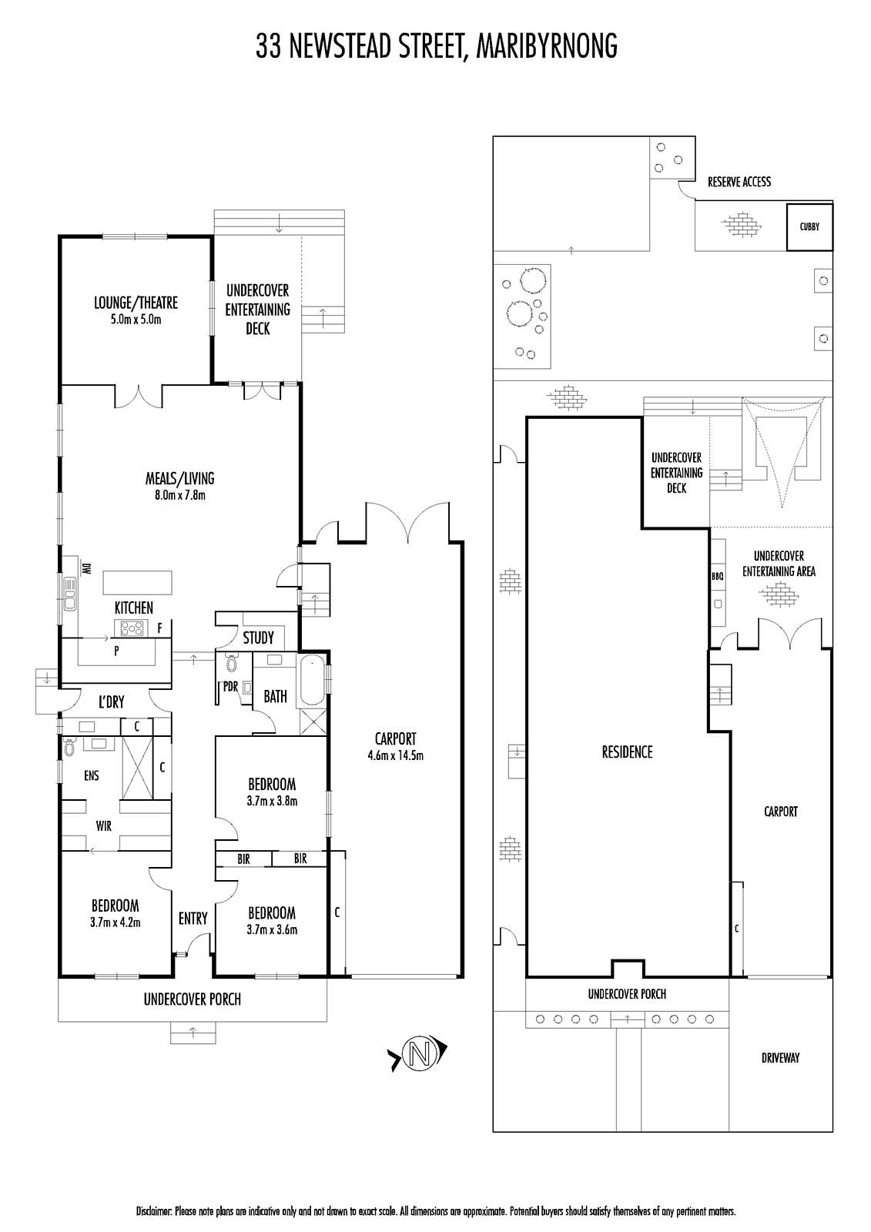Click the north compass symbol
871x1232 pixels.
[419, 1054]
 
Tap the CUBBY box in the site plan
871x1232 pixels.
[809, 227]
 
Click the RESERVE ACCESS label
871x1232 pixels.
[739, 182]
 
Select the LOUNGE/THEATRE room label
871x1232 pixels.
[136, 303]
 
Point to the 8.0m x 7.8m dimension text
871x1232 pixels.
[180, 495]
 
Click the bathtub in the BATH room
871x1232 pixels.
[311, 680]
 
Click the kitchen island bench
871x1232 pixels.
[137, 582]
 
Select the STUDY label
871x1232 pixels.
[258, 638]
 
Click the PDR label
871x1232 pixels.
[230, 686]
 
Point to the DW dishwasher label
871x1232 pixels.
[85, 568]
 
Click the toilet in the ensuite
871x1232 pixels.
[69, 748]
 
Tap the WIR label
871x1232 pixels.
[103, 825]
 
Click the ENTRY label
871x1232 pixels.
[193, 918]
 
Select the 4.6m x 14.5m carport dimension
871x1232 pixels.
[396, 755]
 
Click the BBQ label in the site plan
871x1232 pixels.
[717, 577]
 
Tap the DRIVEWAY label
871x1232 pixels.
[780, 1058]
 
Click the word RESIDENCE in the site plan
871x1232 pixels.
[627, 752]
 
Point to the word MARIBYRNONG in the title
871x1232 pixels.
[546, 46]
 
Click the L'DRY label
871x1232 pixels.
[111, 701]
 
